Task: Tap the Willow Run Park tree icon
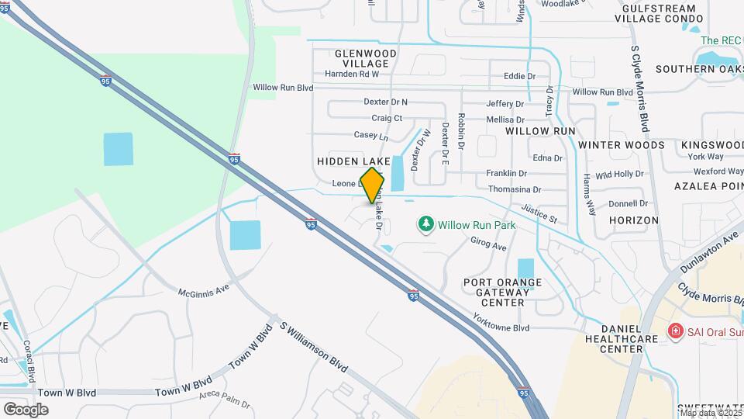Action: click(x=425, y=225)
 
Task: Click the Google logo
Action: click(x=26, y=409)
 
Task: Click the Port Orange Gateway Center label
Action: click(x=502, y=292)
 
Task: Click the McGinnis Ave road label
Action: click(x=204, y=293)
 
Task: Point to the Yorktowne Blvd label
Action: click(x=503, y=328)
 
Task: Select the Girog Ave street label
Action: click(x=488, y=245)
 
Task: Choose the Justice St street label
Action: click(x=539, y=213)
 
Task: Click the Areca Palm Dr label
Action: click(x=225, y=400)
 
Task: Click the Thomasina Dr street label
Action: click(x=515, y=189)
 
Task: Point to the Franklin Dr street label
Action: click(x=506, y=173)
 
